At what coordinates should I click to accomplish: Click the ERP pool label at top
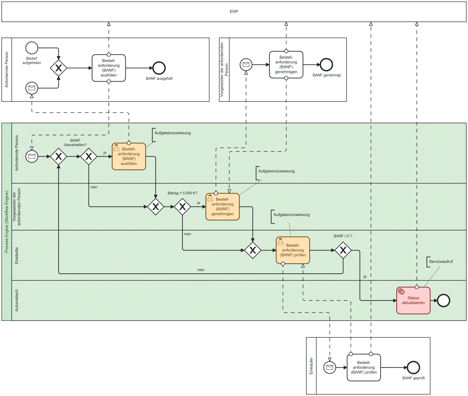(x=234, y=12)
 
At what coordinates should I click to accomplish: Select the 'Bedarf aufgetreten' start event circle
(x=32, y=48)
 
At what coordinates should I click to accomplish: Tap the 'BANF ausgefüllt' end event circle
(x=159, y=68)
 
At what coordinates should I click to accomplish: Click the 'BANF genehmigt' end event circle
(x=326, y=65)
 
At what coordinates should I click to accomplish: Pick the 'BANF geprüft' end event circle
(x=413, y=367)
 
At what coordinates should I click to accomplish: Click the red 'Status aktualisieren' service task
(x=413, y=300)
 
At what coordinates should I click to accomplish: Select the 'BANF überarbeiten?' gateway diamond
(x=88, y=157)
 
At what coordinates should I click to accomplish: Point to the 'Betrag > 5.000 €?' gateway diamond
(x=182, y=207)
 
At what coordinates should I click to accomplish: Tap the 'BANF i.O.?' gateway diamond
(x=343, y=250)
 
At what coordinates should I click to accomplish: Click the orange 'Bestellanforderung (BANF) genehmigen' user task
(x=222, y=207)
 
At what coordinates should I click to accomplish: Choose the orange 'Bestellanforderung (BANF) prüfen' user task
(x=292, y=250)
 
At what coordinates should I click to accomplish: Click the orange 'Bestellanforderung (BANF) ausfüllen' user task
(x=129, y=157)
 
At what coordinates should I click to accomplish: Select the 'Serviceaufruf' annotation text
(x=441, y=262)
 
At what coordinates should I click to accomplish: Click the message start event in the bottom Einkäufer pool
(x=330, y=367)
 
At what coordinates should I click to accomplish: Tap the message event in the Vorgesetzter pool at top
(x=246, y=65)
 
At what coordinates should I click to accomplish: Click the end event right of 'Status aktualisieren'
(x=444, y=300)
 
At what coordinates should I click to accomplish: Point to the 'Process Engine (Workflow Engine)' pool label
(x=7, y=222)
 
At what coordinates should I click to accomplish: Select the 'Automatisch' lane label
(x=16, y=300)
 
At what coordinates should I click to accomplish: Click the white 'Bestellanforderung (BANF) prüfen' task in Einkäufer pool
(x=363, y=367)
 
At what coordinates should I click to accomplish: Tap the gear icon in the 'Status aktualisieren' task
(x=401, y=292)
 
